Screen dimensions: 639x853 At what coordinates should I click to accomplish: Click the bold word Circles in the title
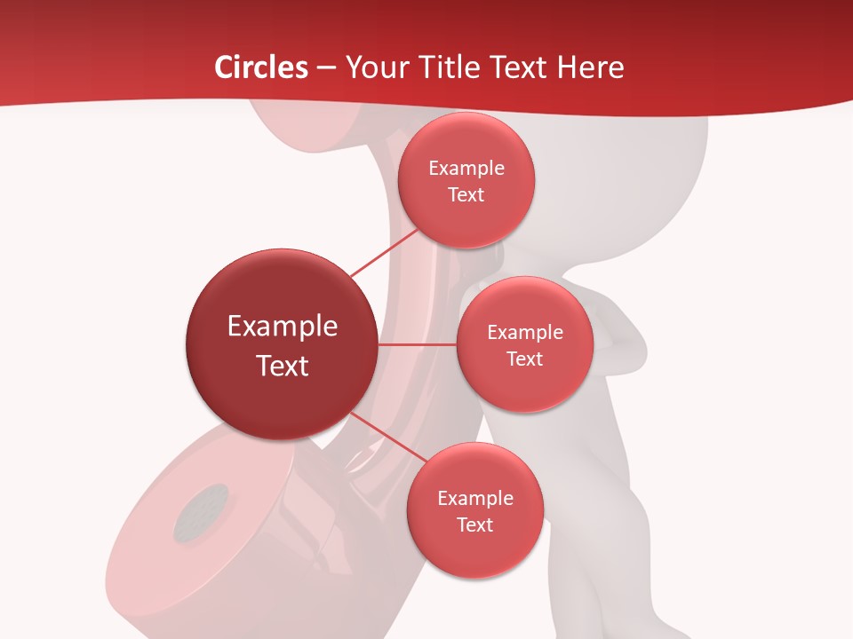pyautogui.click(x=260, y=67)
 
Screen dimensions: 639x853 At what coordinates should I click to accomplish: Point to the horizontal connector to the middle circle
pyautogui.click(x=418, y=344)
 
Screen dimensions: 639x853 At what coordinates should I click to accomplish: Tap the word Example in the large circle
pyautogui.click(x=283, y=327)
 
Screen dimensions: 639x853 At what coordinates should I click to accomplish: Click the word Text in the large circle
pyautogui.click(x=283, y=366)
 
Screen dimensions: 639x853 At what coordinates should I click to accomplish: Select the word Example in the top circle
pyautogui.click(x=466, y=168)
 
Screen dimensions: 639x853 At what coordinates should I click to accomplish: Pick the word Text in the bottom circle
pyautogui.click(x=474, y=525)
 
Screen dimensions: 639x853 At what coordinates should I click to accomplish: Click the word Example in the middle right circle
pyautogui.click(x=524, y=332)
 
